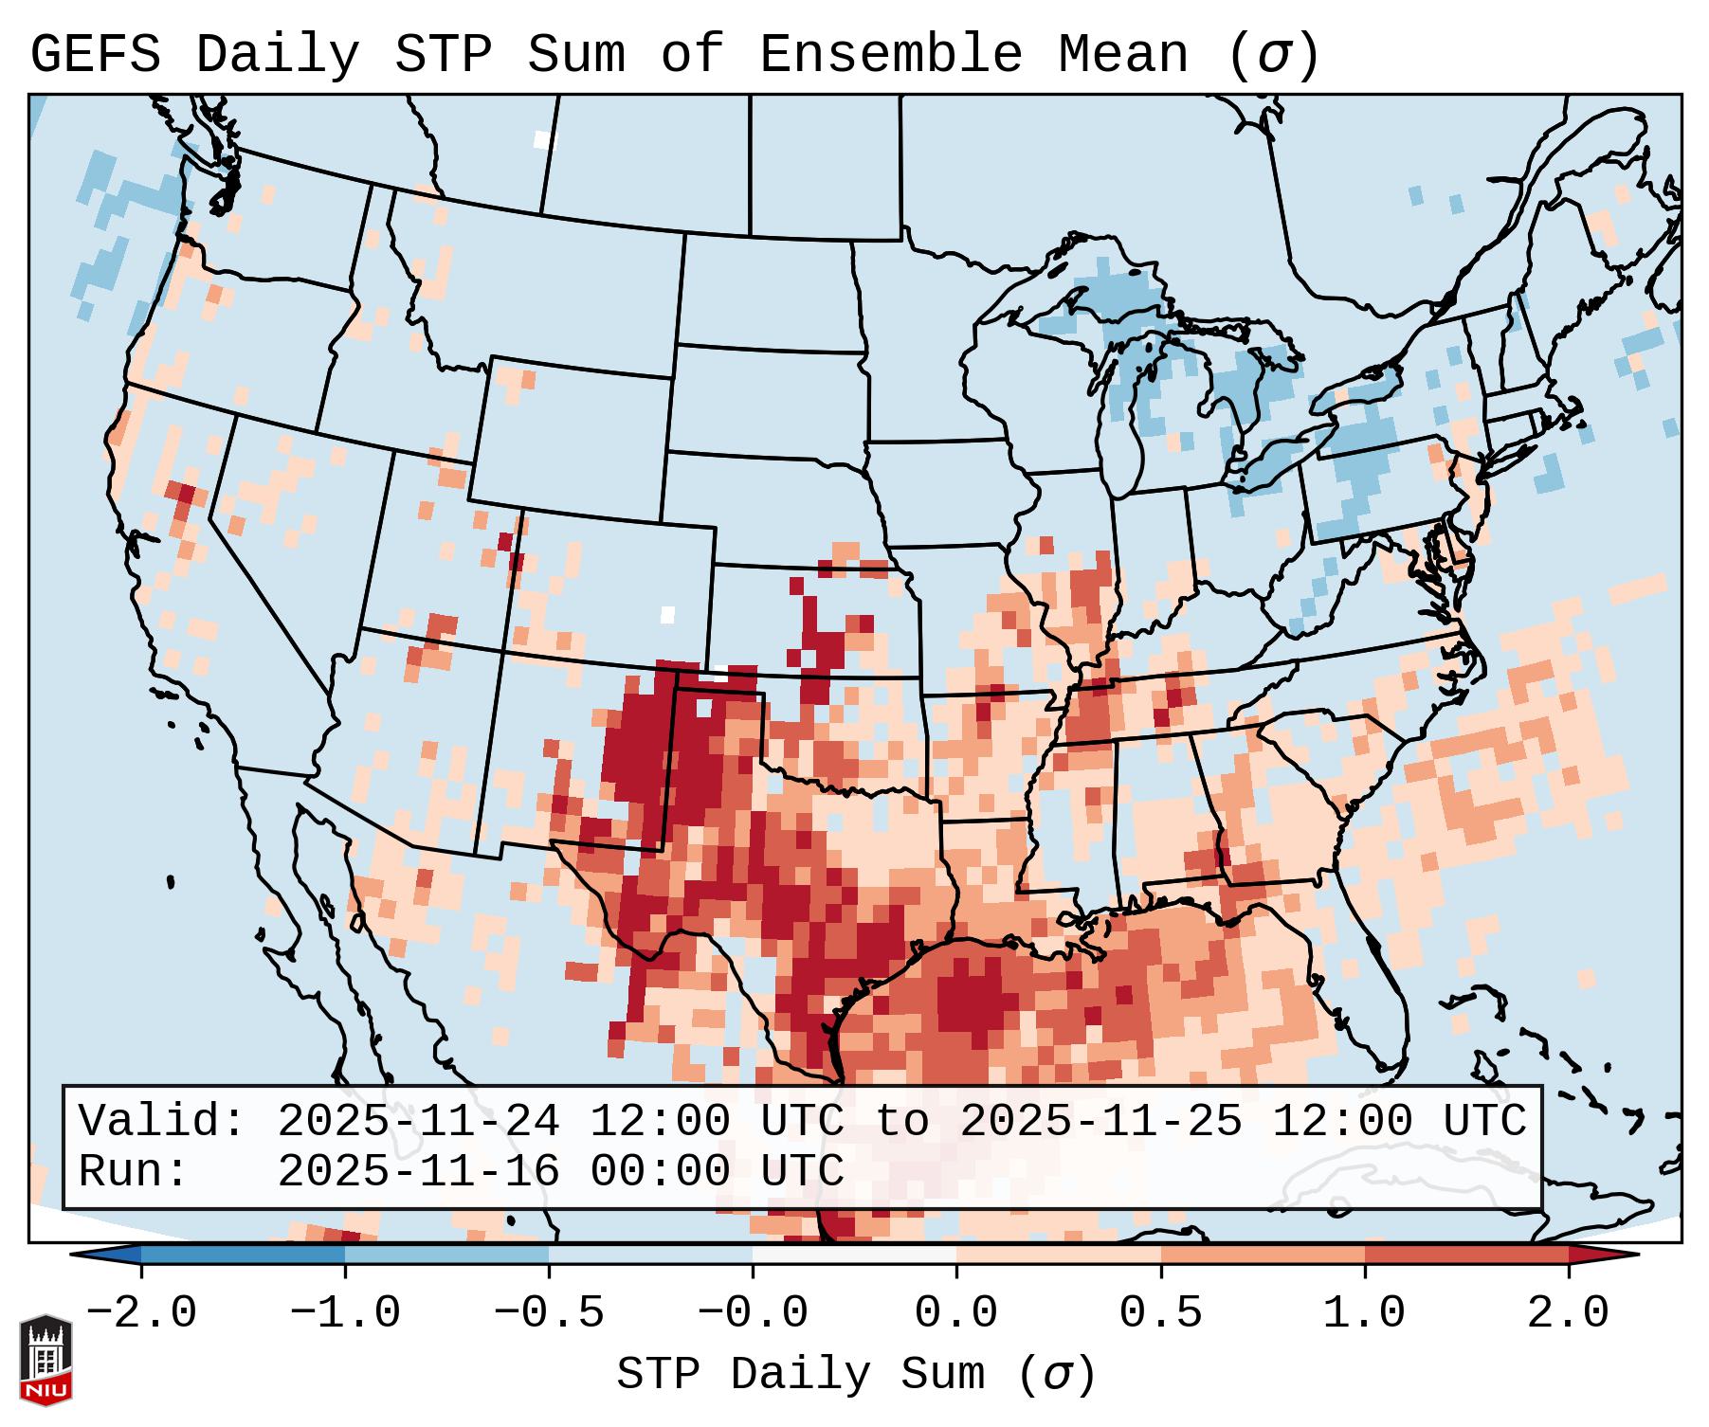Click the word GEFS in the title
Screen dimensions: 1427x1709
(95, 55)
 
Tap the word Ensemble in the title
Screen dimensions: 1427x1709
(890, 55)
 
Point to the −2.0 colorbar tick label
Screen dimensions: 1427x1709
(140, 1313)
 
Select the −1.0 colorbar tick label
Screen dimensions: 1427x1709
(344, 1313)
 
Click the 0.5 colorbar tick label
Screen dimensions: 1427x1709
(1160, 1313)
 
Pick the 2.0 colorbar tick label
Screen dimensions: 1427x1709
(1568, 1313)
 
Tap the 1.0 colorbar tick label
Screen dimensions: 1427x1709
(1364, 1313)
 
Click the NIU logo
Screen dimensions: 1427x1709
(45, 1360)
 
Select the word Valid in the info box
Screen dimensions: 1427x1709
(161, 1121)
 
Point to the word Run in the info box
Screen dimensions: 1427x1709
(132, 1171)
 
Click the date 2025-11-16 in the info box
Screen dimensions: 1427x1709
(418, 1171)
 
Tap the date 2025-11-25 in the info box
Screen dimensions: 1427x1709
(1100, 1121)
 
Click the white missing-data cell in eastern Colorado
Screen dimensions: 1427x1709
(667, 614)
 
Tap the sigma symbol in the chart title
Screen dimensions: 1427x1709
(1274, 55)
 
